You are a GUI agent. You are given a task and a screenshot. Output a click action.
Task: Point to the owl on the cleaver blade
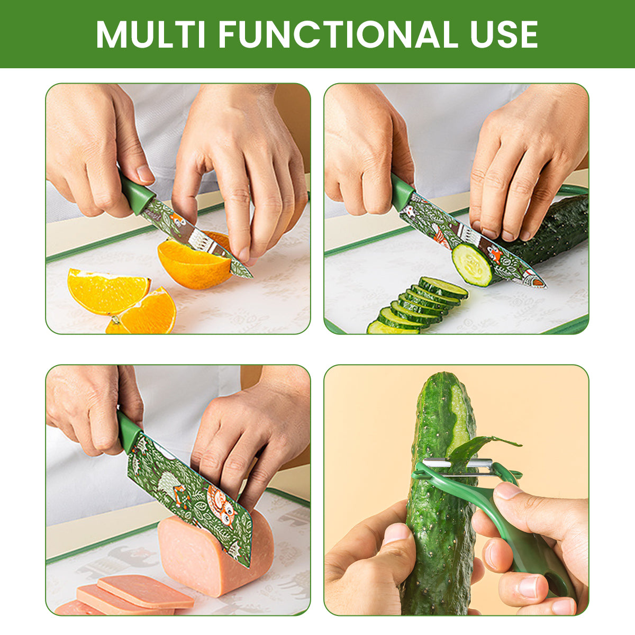pos(220,505)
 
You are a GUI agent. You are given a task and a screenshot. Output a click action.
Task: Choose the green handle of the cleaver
pos(128,431)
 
